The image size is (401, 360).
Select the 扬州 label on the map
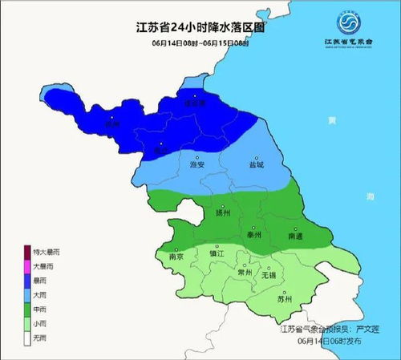pos(224,213)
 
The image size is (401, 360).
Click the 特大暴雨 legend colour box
pos(27,252)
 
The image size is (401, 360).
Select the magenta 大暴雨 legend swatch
pos(27,265)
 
